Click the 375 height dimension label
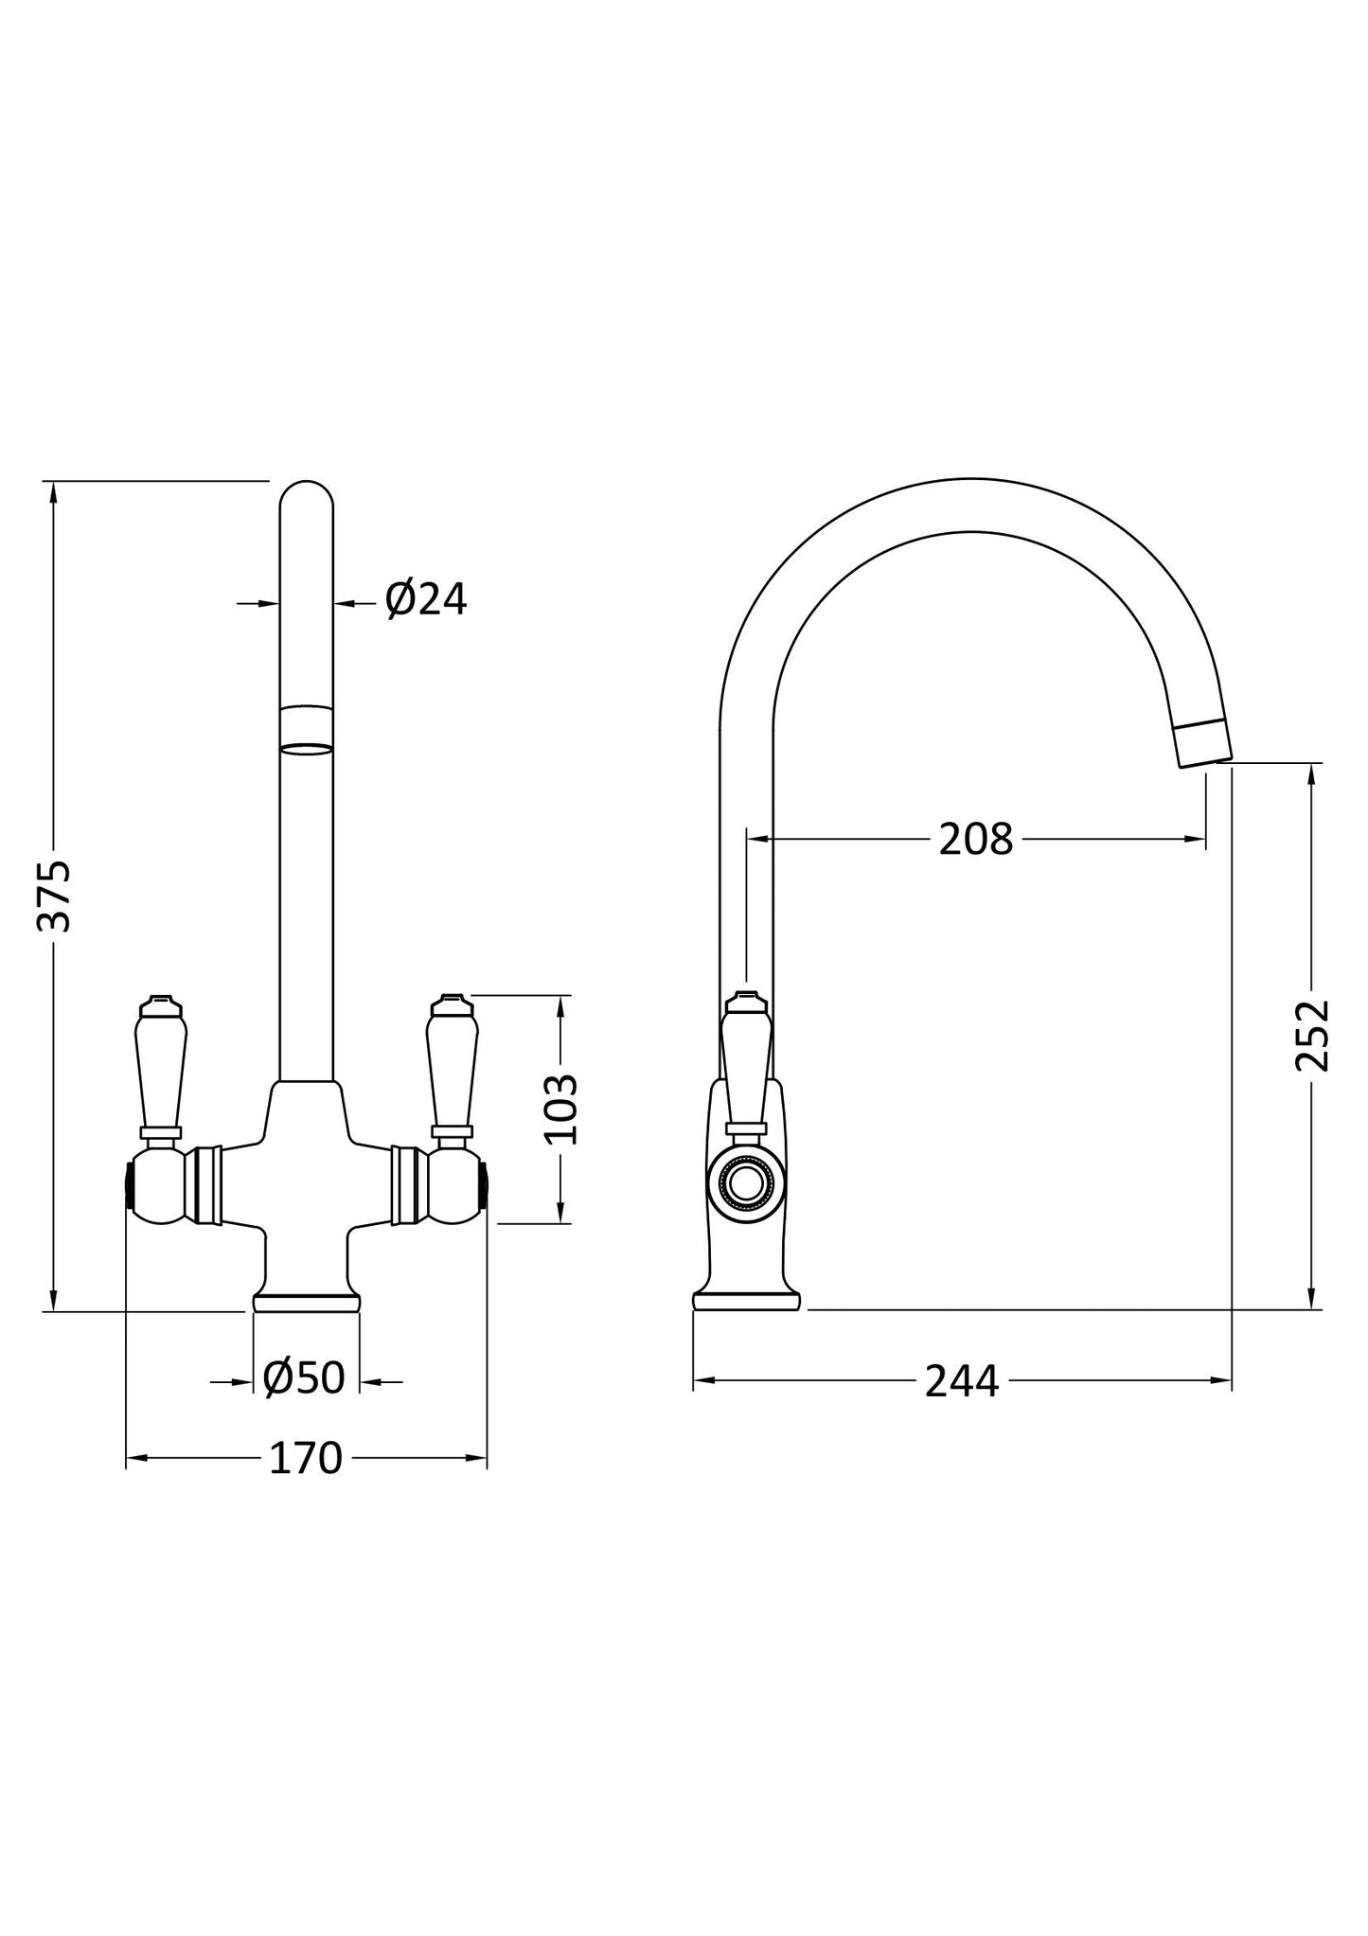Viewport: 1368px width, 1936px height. tap(54, 896)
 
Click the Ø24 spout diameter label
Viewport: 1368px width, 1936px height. tap(426, 599)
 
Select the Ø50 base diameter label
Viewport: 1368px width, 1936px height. tap(305, 1378)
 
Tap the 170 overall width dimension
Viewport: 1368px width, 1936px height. tap(305, 1459)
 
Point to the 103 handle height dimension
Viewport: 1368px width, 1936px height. tap(562, 1109)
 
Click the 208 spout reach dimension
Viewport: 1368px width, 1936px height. tap(975, 839)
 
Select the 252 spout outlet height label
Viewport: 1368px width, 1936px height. tap(1312, 1035)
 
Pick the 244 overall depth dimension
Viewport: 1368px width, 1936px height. tap(961, 1381)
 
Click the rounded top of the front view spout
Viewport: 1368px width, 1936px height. tap(307, 497)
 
